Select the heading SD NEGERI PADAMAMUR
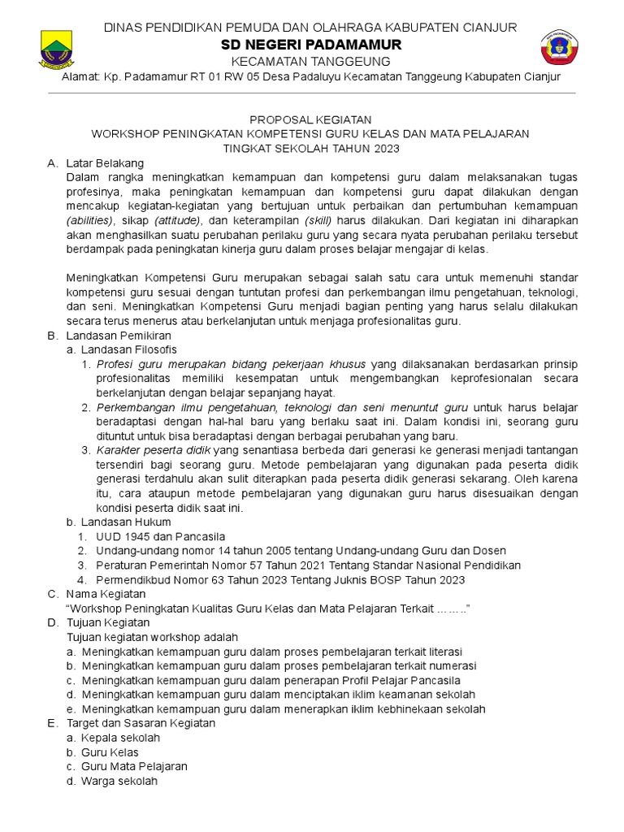tap(311, 45)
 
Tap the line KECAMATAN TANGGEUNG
tap(311, 61)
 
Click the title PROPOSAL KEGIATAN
tap(311, 119)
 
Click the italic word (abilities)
tap(91, 220)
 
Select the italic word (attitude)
tap(180, 220)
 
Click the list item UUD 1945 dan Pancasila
tap(160, 536)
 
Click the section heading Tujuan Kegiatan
tap(108, 622)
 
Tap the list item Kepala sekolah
tap(120, 737)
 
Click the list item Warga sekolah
tap(119, 781)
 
